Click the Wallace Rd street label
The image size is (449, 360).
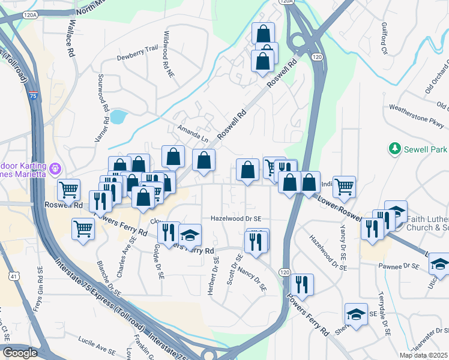click(71, 38)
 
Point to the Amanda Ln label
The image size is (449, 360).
click(192, 133)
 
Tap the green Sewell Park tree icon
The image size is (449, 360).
click(394, 148)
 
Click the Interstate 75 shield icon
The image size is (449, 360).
click(34, 97)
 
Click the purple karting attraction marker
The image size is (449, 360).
click(55, 169)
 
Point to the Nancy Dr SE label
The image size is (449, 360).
click(252, 279)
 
